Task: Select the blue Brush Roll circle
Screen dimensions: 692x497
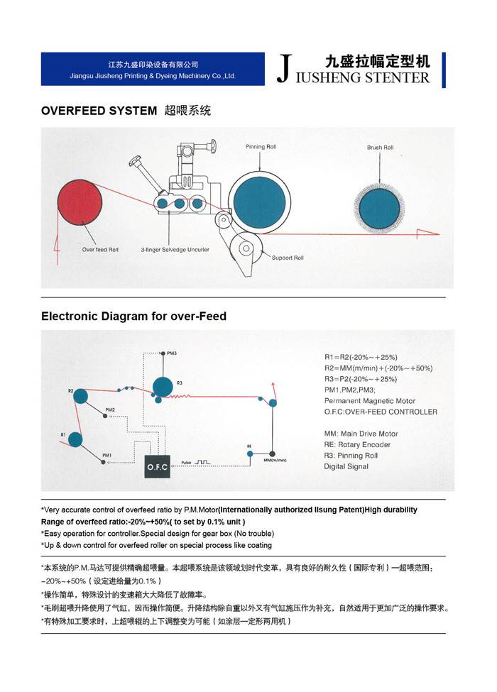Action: pyautogui.click(x=379, y=205)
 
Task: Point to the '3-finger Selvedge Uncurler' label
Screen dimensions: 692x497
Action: pyautogui.click(x=175, y=250)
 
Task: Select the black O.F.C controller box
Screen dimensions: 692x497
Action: pyautogui.click(x=158, y=467)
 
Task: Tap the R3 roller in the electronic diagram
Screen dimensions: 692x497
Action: pyautogui.click(x=163, y=386)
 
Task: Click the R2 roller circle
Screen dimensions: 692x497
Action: pyautogui.click(x=80, y=395)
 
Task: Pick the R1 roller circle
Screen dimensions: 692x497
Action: pyautogui.click(x=75, y=439)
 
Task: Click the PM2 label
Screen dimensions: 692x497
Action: pyautogui.click(x=110, y=410)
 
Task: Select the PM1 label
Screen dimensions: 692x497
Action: pyautogui.click(x=106, y=454)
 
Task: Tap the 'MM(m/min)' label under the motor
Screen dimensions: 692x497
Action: pyautogui.click(x=274, y=460)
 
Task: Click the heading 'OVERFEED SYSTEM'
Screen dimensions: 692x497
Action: pyautogui.click(x=99, y=111)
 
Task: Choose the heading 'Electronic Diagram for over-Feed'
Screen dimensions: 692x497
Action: pyautogui.click(x=133, y=316)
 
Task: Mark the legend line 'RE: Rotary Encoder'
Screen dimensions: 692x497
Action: pyautogui.click(x=357, y=444)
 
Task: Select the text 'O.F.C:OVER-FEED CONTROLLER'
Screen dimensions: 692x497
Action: pyautogui.click(x=381, y=412)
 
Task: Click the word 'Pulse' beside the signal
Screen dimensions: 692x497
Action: pyautogui.click(x=187, y=462)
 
